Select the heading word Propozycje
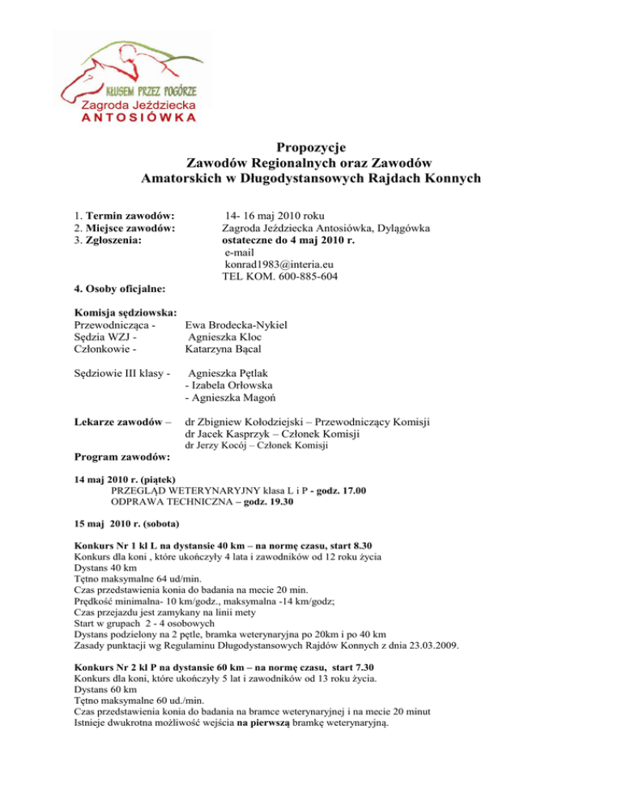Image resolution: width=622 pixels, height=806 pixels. (311, 148)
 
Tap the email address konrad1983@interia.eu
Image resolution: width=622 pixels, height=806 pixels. (279, 264)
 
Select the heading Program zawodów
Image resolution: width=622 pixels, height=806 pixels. (122, 458)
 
